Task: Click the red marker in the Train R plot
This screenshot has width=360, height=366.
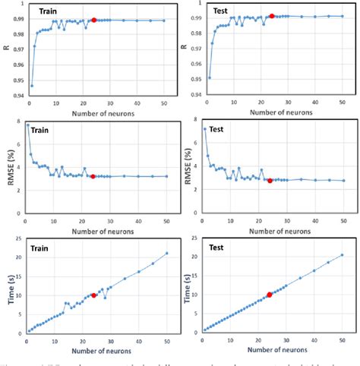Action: point(93,20)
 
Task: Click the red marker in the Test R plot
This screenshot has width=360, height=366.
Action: point(272,16)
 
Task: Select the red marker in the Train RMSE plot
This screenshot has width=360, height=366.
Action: point(93,176)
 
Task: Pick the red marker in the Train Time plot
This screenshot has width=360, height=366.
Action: point(93,295)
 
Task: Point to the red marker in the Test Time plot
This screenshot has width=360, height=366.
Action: point(269,295)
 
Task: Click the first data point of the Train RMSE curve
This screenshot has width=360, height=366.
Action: point(28,125)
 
